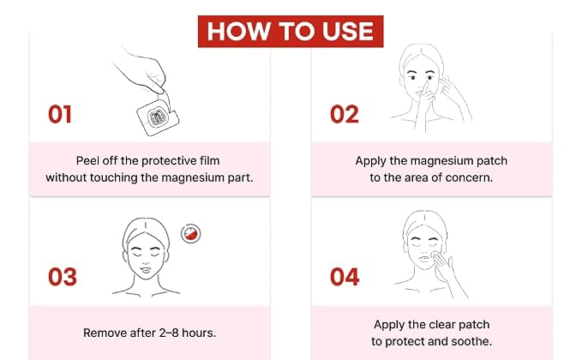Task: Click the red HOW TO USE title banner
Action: (291, 32)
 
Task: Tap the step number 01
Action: (60, 114)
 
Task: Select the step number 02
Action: (345, 114)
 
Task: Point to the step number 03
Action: (63, 277)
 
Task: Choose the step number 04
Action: (345, 277)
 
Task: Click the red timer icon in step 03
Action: (191, 234)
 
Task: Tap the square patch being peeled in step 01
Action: (158, 117)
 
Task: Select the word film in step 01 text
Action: (210, 160)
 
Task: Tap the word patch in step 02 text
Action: (494, 161)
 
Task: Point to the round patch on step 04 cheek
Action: (435, 255)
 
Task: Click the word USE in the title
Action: (348, 31)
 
